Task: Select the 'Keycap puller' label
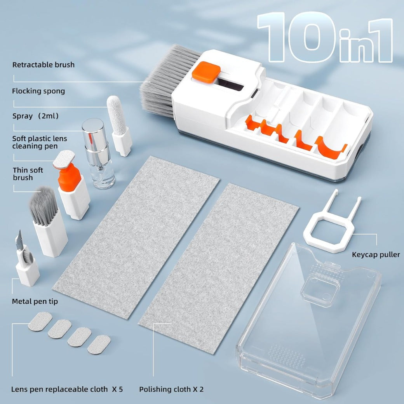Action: [376, 255]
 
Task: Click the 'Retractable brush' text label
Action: [43, 65]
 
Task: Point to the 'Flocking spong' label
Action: [38, 91]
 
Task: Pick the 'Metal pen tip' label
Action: [35, 301]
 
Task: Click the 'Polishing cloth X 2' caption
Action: [171, 389]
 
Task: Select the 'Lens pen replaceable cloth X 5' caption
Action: [67, 389]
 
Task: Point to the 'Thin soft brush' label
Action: [28, 174]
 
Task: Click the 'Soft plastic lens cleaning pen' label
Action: [40, 143]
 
